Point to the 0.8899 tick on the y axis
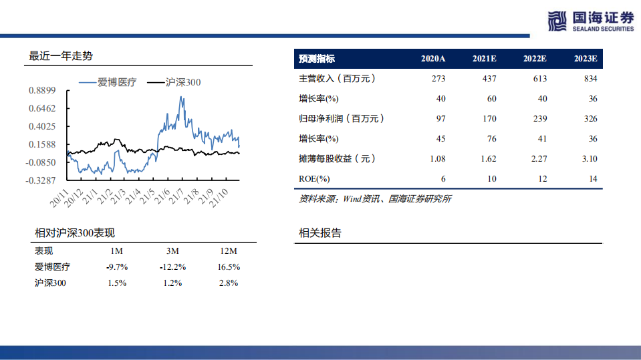(41, 90)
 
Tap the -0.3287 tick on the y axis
(41, 180)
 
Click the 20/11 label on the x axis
(61, 196)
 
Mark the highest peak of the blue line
(180, 98)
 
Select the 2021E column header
(484, 59)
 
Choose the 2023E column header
(585, 59)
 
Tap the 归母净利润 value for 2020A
(439, 119)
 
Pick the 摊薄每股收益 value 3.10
(589, 159)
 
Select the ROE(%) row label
(314, 179)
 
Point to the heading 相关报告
(319, 233)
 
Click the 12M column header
(229, 251)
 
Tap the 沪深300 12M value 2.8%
(229, 283)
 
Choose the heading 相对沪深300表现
(75, 233)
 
